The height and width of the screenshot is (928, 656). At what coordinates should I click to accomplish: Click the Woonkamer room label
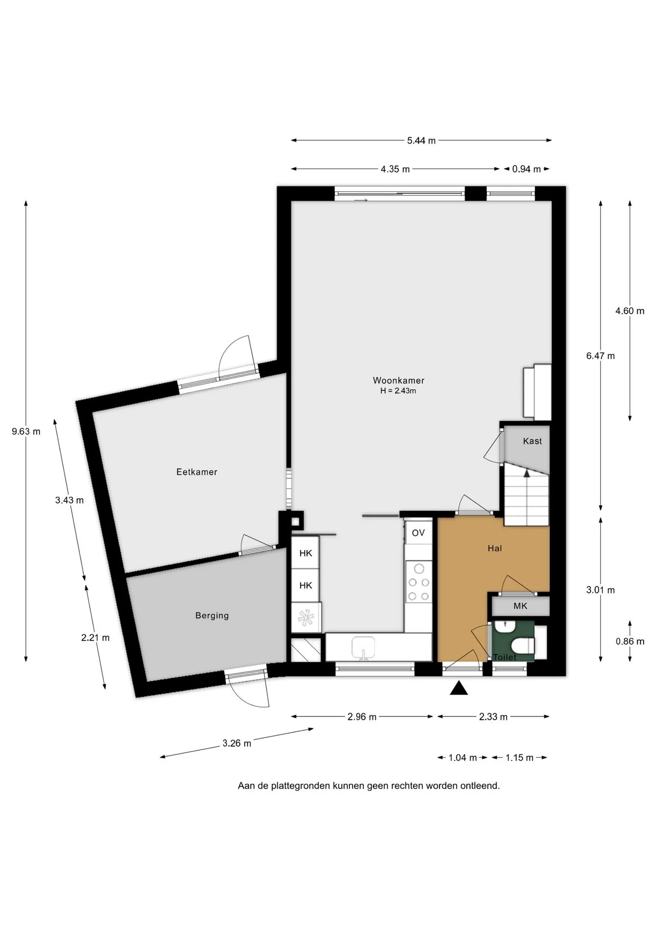(x=399, y=380)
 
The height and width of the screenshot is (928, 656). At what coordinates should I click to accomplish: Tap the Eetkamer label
(x=197, y=472)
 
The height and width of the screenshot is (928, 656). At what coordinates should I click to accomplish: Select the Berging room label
(x=212, y=615)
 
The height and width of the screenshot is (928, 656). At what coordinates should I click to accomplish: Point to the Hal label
(x=495, y=548)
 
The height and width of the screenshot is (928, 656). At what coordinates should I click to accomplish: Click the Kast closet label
(x=532, y=441)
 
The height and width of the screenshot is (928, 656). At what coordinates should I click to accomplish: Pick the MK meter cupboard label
(x=520, y=606)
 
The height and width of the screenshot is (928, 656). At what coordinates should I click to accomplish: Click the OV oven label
(x=418, y=533)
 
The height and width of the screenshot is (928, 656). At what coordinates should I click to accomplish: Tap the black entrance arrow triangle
(x=459, y=688)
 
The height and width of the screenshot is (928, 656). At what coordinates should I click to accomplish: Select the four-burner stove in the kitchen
(x=419, y=582)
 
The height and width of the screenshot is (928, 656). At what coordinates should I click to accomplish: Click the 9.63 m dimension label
(x=26, y=432)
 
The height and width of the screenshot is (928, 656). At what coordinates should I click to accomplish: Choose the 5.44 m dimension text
(x=421, y=141)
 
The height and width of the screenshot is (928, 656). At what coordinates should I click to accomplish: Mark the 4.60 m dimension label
(x=629, y=311)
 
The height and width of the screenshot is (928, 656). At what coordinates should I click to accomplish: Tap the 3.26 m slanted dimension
(x=237, y=743)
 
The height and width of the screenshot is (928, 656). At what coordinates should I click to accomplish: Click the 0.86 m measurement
(x=630, y=641)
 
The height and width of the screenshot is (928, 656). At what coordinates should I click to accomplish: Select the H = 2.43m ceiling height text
(x=398, y=391)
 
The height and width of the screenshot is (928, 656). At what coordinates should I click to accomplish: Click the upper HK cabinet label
(x=306, y=553)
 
